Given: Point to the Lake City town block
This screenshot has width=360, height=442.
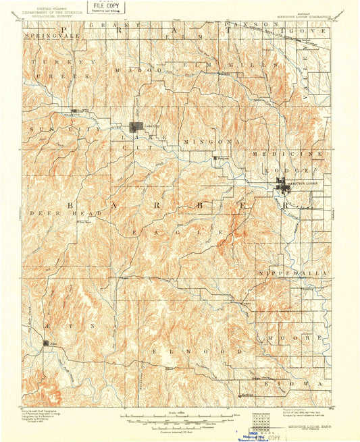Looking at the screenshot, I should pos(138,127).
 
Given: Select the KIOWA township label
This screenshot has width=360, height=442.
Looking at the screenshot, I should pos(301,383).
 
